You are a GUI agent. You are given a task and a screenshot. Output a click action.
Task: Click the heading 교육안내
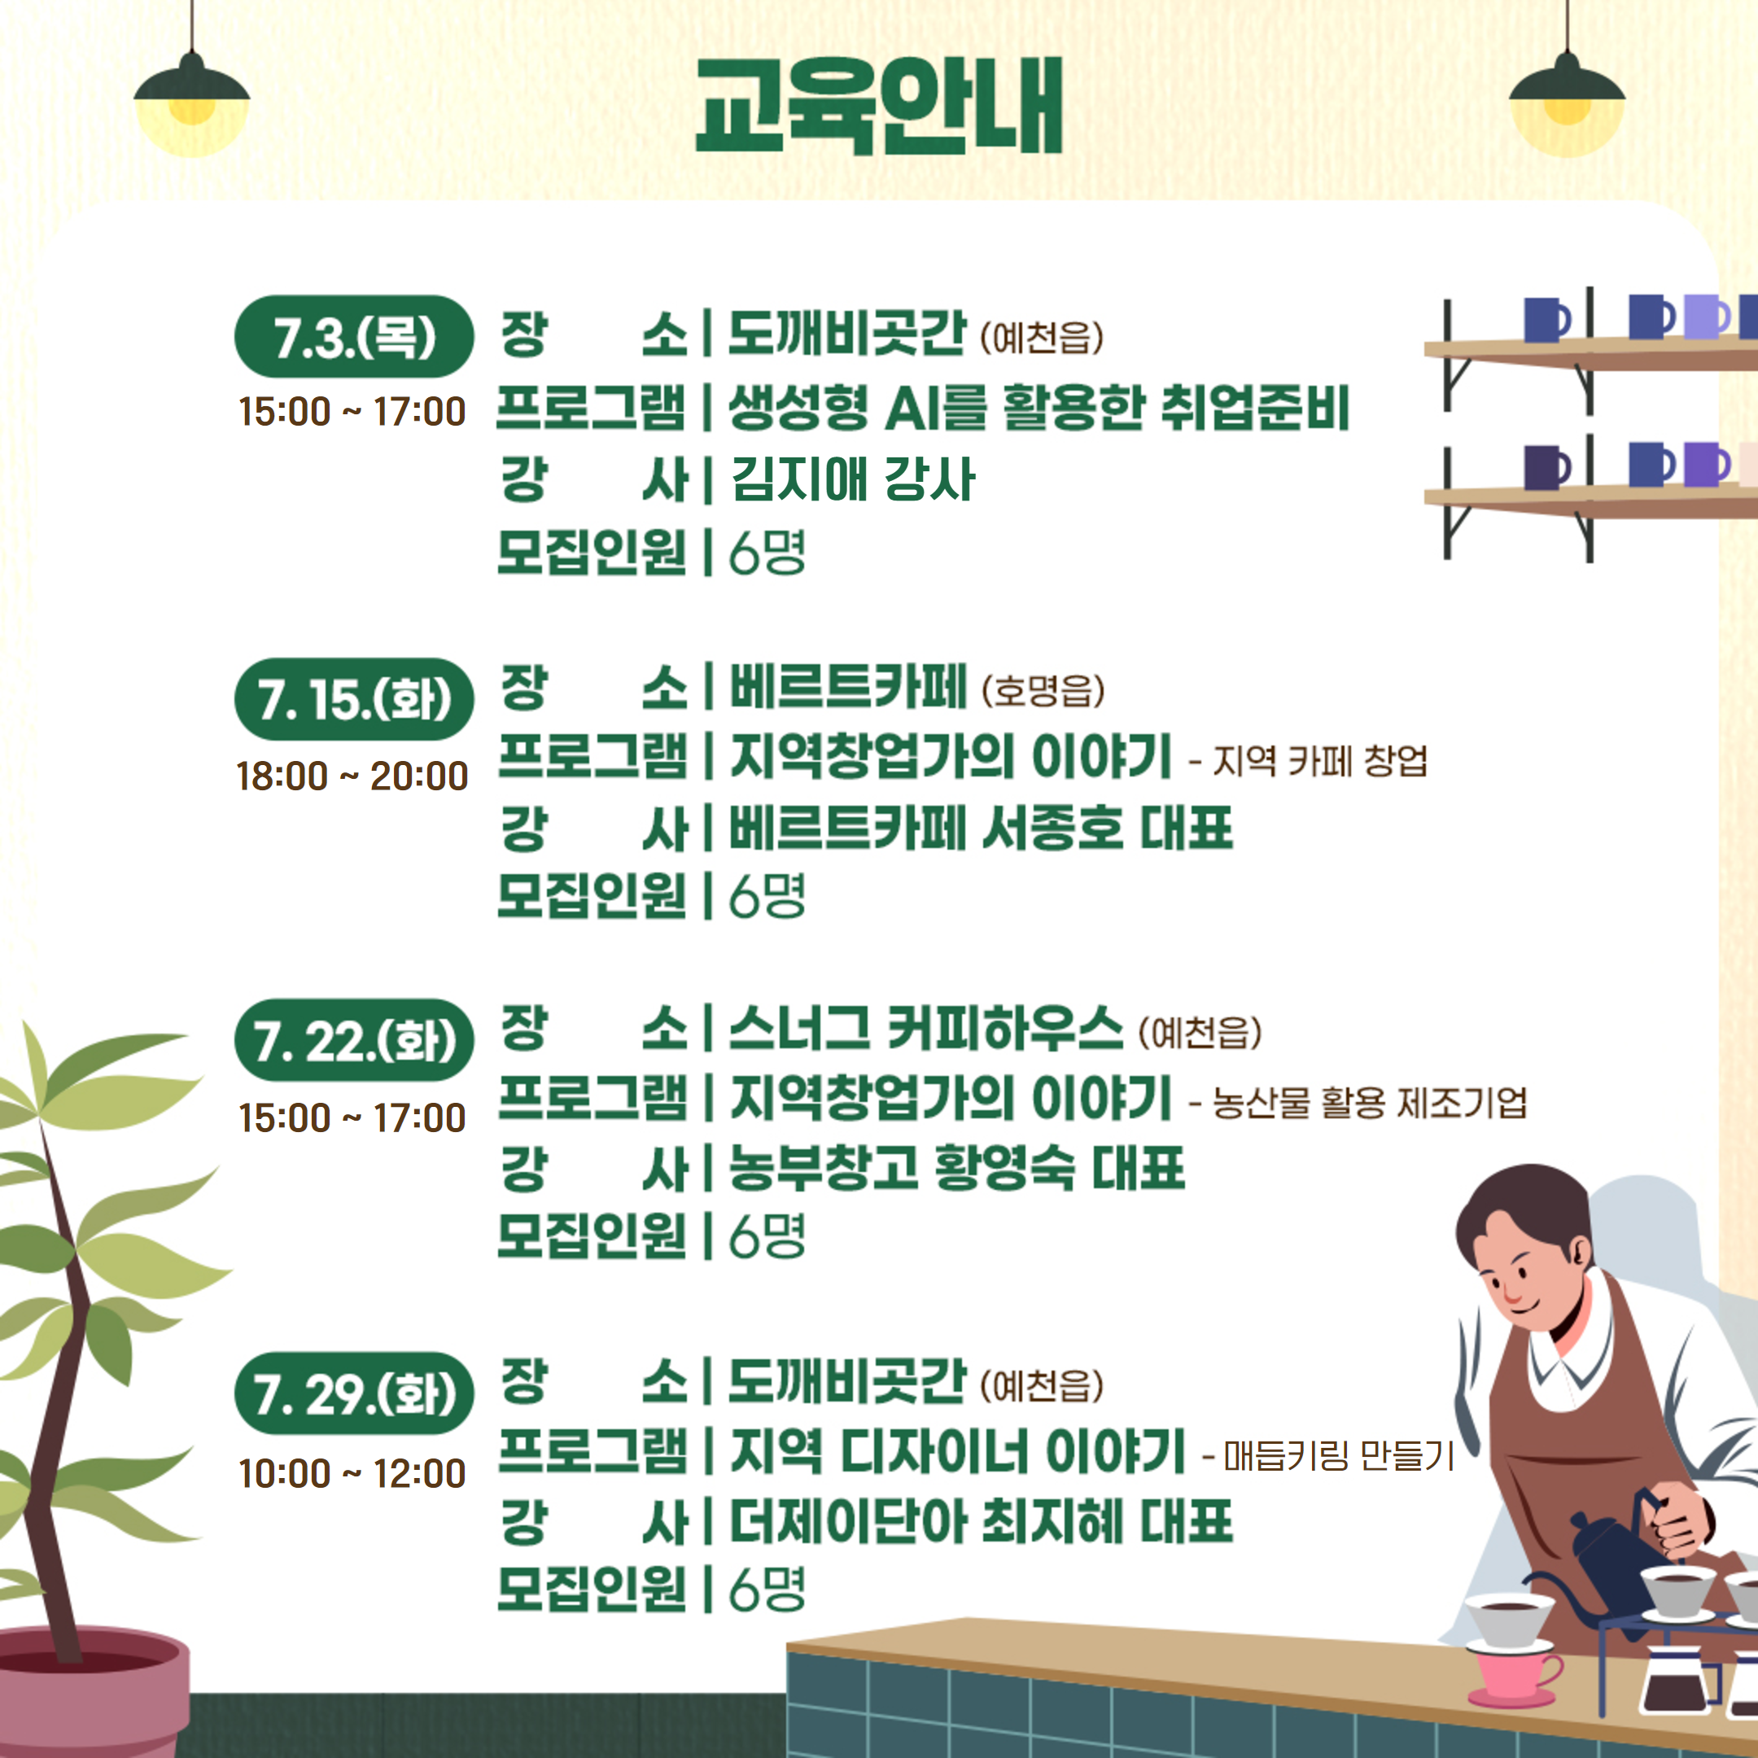click(x=878, y=106)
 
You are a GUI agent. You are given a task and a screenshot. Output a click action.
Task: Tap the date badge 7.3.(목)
click(x=354, y=337)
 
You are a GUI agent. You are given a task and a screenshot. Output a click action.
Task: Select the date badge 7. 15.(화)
click(x=354, y=699)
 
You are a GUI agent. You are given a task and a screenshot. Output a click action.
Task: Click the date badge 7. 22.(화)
click(x=354, y=1040)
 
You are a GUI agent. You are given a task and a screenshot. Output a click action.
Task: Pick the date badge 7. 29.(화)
click(x=354, y=1393)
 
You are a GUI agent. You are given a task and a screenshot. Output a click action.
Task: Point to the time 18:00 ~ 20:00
click(x=352, y=776)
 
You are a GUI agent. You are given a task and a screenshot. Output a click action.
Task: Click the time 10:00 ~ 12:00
click(x=352, y=1474)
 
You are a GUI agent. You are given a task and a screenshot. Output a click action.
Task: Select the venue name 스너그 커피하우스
click(x=926, y=1028)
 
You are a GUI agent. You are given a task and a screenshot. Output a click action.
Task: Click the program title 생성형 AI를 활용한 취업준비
click(x=1039, y=407)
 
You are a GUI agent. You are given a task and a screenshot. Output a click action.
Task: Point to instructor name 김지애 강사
click(x=854, y=479)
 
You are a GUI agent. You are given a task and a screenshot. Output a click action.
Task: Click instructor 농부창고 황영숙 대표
click(x=957, y=1169)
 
